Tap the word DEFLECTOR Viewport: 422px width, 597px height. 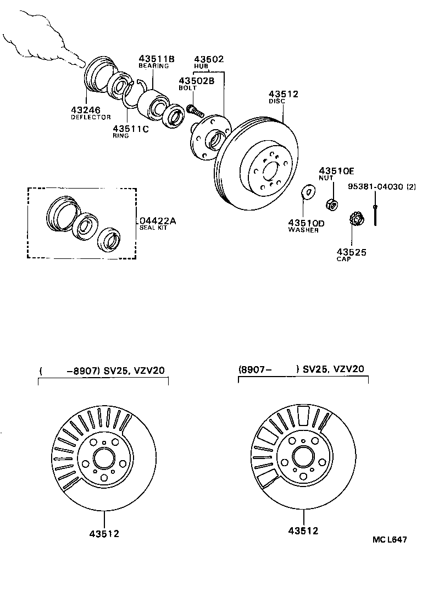click(91, 117)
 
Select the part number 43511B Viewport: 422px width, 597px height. click(156, 59)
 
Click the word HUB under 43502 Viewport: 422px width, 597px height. click(202, 66)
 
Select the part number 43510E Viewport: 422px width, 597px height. click(337, 171)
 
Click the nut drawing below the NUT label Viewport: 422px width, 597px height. click(332, 205)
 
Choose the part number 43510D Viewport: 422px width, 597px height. click(306, 223)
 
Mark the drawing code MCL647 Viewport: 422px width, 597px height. click(390, 540)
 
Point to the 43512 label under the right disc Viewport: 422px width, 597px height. click(303, 531)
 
